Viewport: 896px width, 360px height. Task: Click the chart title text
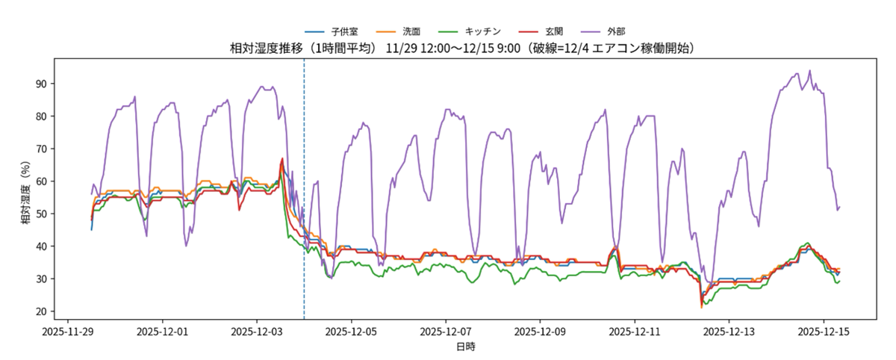coord(463,49)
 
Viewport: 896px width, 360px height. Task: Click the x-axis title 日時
coord(465,347)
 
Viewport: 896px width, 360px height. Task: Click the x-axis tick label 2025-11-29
coord(68,329)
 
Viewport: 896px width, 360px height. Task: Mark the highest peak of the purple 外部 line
coord(809,71)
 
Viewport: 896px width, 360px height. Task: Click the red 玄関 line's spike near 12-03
coord(282,158)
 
